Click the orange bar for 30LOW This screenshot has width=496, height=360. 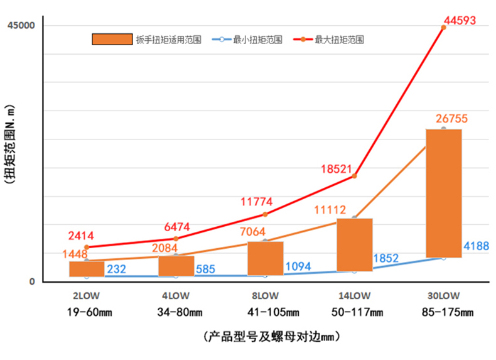click(x=443, y=193)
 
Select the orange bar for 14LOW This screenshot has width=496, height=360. click(x=355, y=244)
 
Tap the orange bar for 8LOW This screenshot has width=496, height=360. click(x=265, y=258)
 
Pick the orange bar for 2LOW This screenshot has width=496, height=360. click(x=87, y=269)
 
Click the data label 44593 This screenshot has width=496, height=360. click(x=463, y=20)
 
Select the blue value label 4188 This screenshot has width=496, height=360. click(x=476, y=246)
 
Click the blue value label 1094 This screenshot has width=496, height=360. click(x=298, y=266)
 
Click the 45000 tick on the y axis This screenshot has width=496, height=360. click(x=21, y=25)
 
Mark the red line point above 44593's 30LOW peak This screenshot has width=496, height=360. click(x=444, y=27)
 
